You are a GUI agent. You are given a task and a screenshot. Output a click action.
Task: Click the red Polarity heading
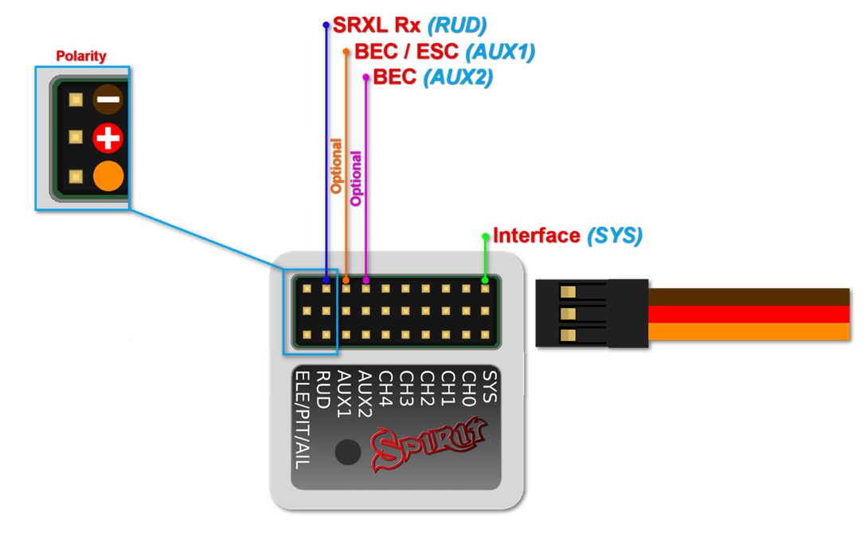click(80, 57)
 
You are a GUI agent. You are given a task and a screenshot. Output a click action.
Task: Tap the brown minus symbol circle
click(108, 100)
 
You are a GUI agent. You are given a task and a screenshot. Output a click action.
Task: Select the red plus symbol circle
click(108, 139)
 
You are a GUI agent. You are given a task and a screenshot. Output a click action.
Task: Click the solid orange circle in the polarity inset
click(108, 176)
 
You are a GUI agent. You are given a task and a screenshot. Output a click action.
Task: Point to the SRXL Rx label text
click(376, 25)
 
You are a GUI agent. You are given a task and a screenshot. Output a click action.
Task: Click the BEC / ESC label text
click(406, 52)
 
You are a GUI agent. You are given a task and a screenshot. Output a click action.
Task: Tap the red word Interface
click(536, 236)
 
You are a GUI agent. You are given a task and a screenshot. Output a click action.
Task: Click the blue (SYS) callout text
click(614, 236)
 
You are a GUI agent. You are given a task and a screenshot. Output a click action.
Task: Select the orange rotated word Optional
click(336, 166)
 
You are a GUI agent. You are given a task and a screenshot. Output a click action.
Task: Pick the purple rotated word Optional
click(356, 178)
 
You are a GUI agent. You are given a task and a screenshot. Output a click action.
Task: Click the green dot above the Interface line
click(486, 237)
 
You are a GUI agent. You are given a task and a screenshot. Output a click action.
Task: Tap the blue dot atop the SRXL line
click(326, 25)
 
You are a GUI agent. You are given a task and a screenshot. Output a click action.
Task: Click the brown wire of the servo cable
click(749, 296)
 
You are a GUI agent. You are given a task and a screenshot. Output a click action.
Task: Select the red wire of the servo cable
click(749, 313)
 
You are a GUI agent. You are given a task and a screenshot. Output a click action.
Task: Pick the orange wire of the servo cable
click(749, 331)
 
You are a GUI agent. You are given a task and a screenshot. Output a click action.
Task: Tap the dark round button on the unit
click(347, 452)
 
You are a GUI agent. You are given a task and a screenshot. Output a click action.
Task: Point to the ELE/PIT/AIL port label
click(302, 419)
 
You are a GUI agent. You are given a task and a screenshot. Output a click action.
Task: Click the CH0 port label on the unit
click(469, 389)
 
